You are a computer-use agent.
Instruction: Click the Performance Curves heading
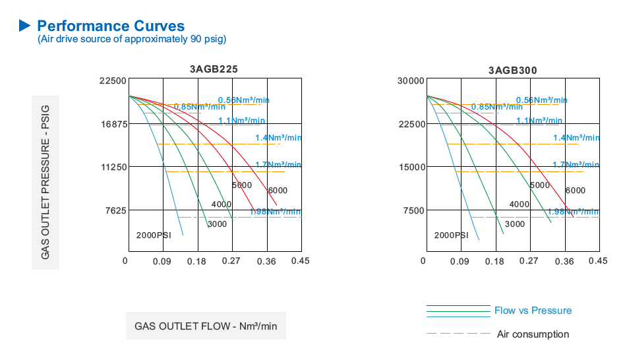[x=110, y=26]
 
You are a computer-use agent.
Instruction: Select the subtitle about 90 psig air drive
[x=132, y=39]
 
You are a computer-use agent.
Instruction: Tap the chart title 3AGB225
[x=214, y=69]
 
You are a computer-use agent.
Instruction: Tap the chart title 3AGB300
[x=512, y=70]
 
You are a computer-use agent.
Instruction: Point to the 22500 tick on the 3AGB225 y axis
[x=113, y=81]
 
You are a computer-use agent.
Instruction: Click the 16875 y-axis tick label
[x=113, y=124]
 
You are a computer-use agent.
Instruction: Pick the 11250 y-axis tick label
[x=113, y=167]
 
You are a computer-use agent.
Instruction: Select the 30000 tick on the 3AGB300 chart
[x=411, y=81]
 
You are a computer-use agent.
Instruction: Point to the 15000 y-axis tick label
[x=411, y=167]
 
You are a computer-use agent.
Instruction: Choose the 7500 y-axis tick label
[x=413, y=210]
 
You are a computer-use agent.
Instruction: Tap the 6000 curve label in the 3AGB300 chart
[x=575, y=191]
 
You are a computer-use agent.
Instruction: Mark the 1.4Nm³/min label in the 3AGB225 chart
[x=278, y=138]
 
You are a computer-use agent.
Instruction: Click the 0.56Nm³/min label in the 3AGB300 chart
[x=543, y=100]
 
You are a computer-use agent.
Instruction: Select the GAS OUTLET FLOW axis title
[x=206, y=326]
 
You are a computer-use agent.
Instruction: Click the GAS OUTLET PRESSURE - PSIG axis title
[x=45, y=183]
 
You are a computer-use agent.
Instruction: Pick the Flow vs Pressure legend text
[x=533, y=311]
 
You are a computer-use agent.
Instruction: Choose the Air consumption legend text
[x=533, y=334]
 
